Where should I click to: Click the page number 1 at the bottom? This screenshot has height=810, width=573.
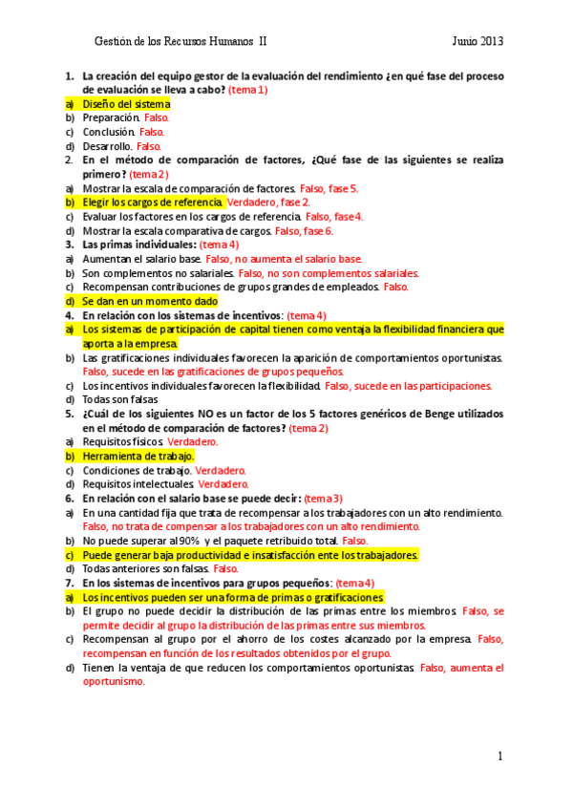[x=499, y=757]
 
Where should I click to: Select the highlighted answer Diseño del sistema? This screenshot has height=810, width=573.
[x=126, y=103]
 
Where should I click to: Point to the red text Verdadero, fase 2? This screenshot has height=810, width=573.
[x=268, y=202]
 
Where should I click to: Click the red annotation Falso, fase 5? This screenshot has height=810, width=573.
[x=329, y=188]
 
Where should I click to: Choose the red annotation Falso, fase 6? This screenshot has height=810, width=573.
[x=305, y=231]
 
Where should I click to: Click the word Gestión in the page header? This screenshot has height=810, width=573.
[x=114, y=41]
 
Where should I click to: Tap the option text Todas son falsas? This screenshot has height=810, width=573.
[x=119, y=400]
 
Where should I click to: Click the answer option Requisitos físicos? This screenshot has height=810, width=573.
[x=123, y=442]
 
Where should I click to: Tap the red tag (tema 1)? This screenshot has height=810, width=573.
[x=248, y=90]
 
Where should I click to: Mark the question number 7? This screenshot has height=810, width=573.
[x=69, y=583]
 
